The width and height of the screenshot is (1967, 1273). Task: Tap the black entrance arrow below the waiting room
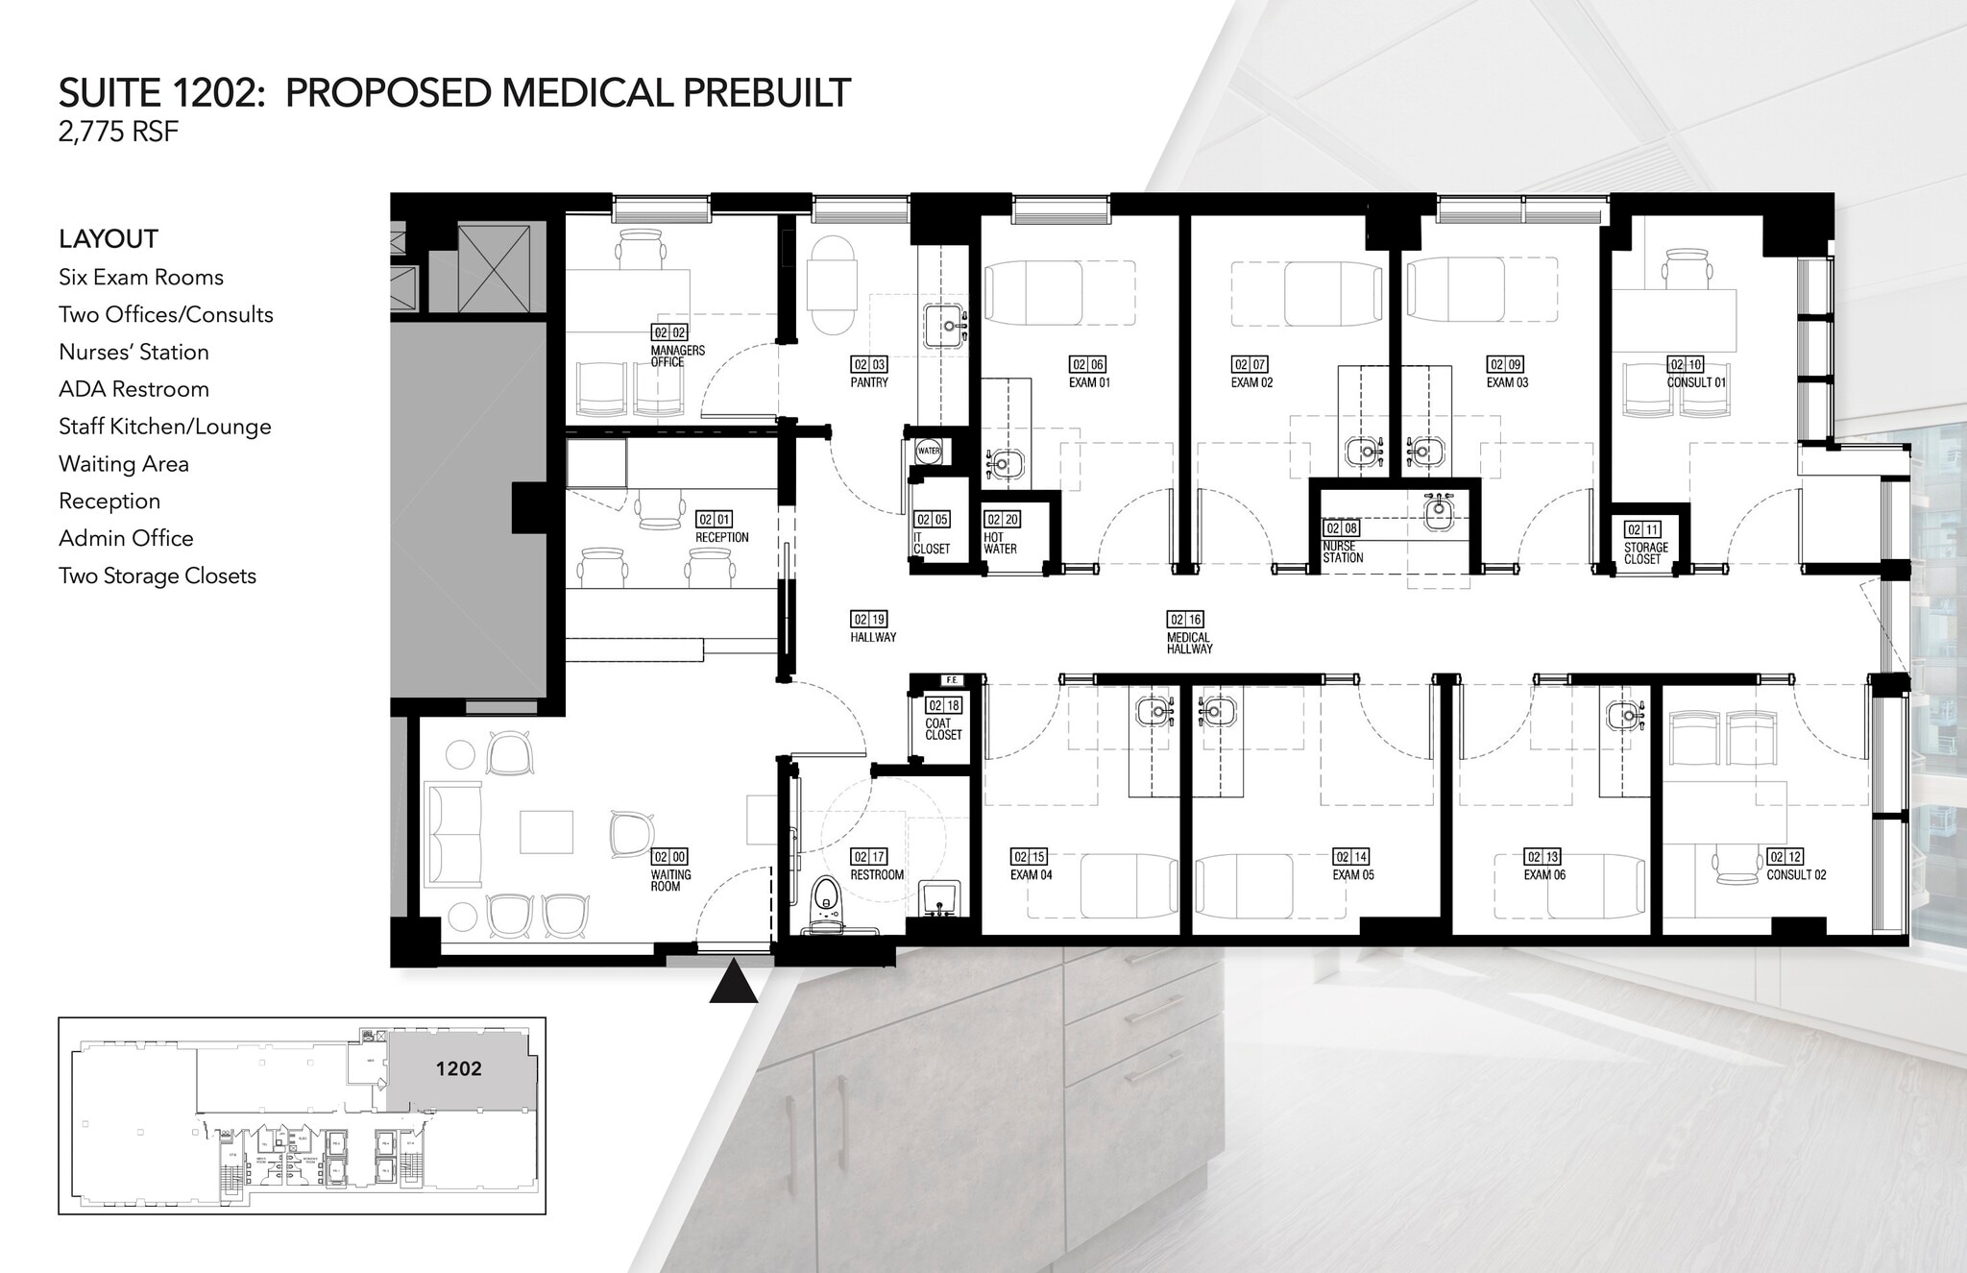click(x=734, y=983)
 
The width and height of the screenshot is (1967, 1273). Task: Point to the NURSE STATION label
click(x=1342, y=551)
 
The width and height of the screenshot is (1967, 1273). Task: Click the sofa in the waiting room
click(x=453, y=834)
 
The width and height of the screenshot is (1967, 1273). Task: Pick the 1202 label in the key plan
click(x=458, y=1069)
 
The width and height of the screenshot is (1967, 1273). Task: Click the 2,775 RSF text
click(x=118, y=133)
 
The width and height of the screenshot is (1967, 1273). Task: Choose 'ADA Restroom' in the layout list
click(x=134, y=389)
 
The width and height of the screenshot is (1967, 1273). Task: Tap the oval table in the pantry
click(x=831, y=284)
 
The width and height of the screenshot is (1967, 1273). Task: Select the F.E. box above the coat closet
click(x=951, y=680)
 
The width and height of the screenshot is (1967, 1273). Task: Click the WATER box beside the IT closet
click(x=929, y=451)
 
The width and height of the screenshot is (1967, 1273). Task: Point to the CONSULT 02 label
click(x=1795, y=874)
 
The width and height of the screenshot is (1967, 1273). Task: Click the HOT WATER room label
click(x=1000, y=543)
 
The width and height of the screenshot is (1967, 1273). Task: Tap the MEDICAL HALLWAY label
click(x=1189, y=643)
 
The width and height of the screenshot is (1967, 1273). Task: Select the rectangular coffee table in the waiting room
click(x=546, y=832)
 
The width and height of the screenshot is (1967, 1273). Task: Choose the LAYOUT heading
click(x=108, y=239)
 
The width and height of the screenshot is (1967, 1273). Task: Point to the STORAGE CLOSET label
click(x=1645, y=552)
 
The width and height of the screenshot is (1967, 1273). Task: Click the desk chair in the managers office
click(x=640, y=248)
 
